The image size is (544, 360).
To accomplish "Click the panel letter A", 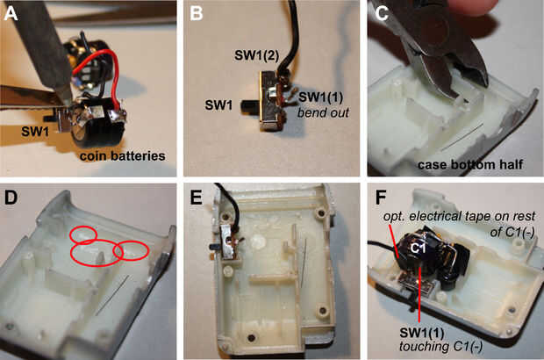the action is (x=11, y=14).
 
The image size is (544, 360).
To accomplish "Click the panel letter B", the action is (x=197, y=14).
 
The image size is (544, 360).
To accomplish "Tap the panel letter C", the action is (x=382, y=14).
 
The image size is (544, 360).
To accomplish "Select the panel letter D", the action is (x=11, y=198).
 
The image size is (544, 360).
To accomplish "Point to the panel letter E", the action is (x=197, y=198).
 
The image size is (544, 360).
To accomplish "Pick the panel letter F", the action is (x=381, y=198).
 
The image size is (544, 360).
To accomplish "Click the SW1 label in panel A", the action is (x=35, y=131).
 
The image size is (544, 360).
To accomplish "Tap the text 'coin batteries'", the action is (x=123, y=156).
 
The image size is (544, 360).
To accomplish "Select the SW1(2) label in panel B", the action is (x=256, y=55).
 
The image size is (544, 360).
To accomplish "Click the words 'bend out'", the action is (x=323, y=112).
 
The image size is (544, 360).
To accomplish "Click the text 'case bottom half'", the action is (x=470, y=164).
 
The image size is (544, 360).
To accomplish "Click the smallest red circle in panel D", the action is (x=83, y=234).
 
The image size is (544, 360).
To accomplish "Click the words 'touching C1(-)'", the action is (x=440, y=346).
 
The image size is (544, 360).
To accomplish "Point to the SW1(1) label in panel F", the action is (x=421, y=333).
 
